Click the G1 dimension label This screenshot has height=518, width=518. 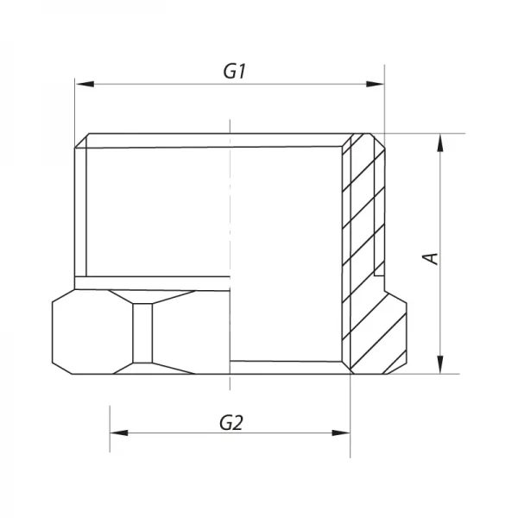tap(235, 73)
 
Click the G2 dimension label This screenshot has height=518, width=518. tap(230, 423)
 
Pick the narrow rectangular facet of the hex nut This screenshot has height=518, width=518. tap(143, 333)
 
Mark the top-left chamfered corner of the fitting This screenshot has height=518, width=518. tap(82, 141)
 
